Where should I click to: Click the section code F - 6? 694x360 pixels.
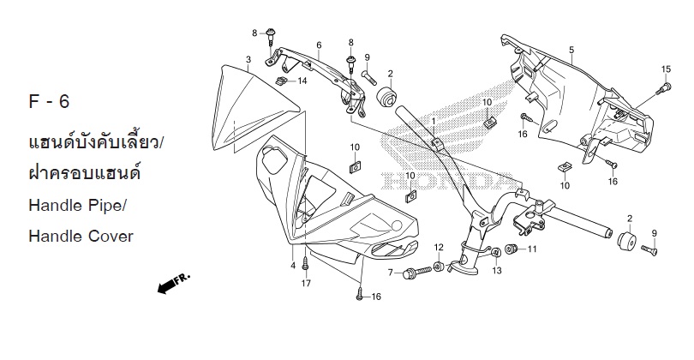(x=49, y=102)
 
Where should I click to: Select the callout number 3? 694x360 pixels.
(x=248, y=59)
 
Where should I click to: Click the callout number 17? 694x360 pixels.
(x=306, y=284)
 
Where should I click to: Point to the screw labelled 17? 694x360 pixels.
(x=305, y=265)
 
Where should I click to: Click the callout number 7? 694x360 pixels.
(x=391, y=273)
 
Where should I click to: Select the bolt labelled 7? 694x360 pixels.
(x=417, y=273)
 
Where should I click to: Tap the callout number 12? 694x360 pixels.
(x=439, y=247)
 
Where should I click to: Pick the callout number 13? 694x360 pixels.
(x=497, y=270)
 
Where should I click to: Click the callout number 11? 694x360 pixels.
(x=532, y=249)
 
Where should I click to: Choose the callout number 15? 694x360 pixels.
(x=666, y=69)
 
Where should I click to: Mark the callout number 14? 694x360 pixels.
(x=302, y=81)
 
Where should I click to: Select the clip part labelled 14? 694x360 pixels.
(x=280, y=81)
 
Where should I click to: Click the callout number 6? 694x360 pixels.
(x=319, y=45)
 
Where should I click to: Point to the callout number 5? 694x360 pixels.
(x=571, y=50)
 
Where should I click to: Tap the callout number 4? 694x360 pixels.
(x=293, y=266)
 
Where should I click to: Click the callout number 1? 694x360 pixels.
(x=434, y=121)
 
